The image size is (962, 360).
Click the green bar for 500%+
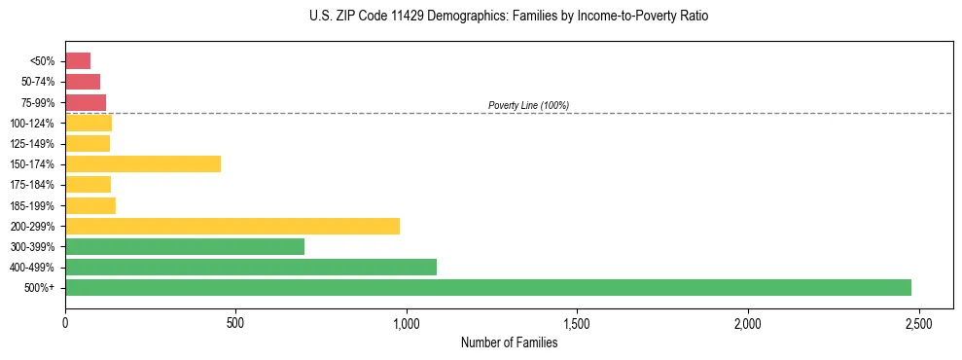[487, 287]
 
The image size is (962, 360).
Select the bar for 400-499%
[250, 267]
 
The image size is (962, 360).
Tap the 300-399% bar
[184, 246]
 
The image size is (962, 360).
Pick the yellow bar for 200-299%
[232, 226]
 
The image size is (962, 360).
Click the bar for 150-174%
[142, 163]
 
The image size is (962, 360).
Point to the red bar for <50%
[78, 61]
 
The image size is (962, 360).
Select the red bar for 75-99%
[86, 102]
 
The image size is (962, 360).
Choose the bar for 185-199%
[89, 205]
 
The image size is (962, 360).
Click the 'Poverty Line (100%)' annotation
[528, 105]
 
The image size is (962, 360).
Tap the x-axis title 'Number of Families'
[509, 342]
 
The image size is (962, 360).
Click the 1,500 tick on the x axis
[577, 322]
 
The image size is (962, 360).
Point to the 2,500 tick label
[918, 322]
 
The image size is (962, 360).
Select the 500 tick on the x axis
[235, 322]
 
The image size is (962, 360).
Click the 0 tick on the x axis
[65, 322]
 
